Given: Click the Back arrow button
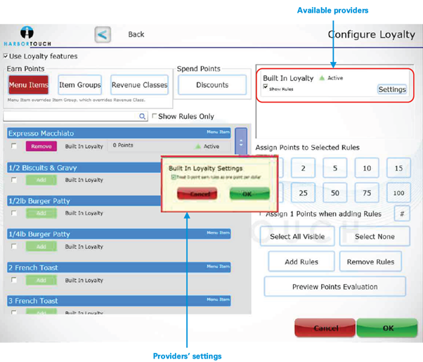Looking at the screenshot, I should pyautogui.click(x=103, y=34).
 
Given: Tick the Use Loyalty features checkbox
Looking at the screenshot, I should pyautogui.click(x=6, y=56).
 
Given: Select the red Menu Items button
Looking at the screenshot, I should pyautogui.click(x=29, y=85).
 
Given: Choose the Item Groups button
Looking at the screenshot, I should pyautogui.click(x=79, y=85).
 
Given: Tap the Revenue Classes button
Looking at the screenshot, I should pyautogui.click(x=139, y=85).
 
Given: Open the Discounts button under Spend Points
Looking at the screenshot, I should pyautogui.click(x=212, y=85).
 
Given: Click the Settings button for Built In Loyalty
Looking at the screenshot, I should pyautogui.click(x=392, y=89).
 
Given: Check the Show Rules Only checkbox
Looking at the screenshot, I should pyautogui.click(x=155, y=117).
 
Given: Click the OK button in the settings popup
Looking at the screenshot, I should pyautogui.click(x=249, y=193).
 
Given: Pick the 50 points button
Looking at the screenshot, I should pyautogui.click(x=335, y=192).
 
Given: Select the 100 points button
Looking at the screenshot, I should pyautogui.click(x=399, y=192).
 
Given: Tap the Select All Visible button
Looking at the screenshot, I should pyautogui.click(x=297, y=236).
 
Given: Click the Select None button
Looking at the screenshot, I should pyautogui.click(x=375, y=236).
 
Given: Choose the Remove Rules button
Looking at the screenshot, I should pyautogui.click(x=370, y=261).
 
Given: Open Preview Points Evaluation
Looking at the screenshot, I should pyautogui.click(x=334, y=287).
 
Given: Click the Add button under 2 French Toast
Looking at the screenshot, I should pyautogui.click(x=41, y=280).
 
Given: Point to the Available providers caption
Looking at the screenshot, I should pyautogui.click(x=332, y=11).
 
